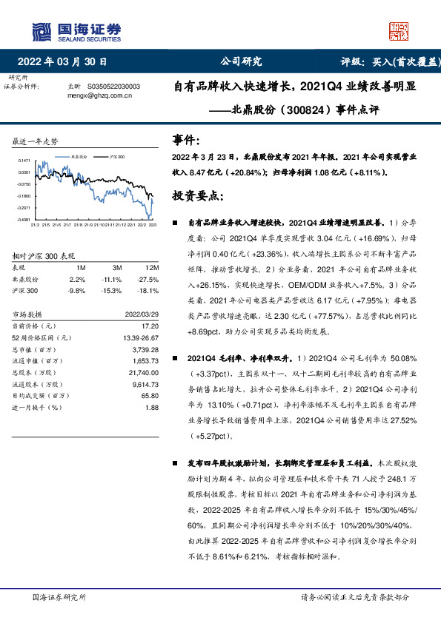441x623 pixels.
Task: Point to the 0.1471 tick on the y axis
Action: (x=24, y=161)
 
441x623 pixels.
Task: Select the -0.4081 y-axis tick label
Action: (x=24, y=220)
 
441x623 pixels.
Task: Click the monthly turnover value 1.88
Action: (x=152, y=407)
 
